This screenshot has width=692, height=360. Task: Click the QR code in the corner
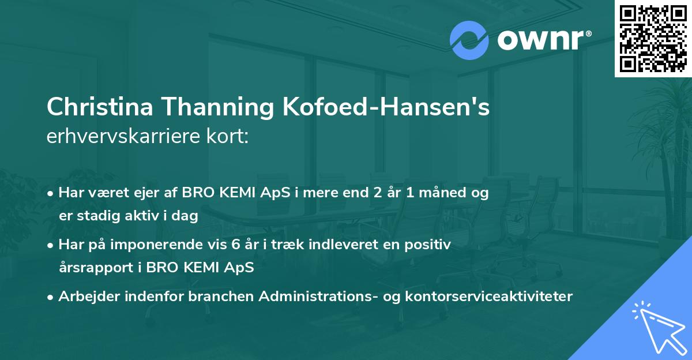click(653, 39)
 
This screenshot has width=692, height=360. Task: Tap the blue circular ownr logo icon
click(469, 40)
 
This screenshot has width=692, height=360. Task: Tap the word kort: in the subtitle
click(230, 137)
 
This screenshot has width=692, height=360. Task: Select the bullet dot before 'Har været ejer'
click(52, 194)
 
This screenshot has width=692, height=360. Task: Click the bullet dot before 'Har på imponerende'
click(52, 245)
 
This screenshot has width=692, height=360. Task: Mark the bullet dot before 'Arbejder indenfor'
click(52, 297)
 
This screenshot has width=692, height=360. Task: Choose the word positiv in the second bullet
click(430, 245)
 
